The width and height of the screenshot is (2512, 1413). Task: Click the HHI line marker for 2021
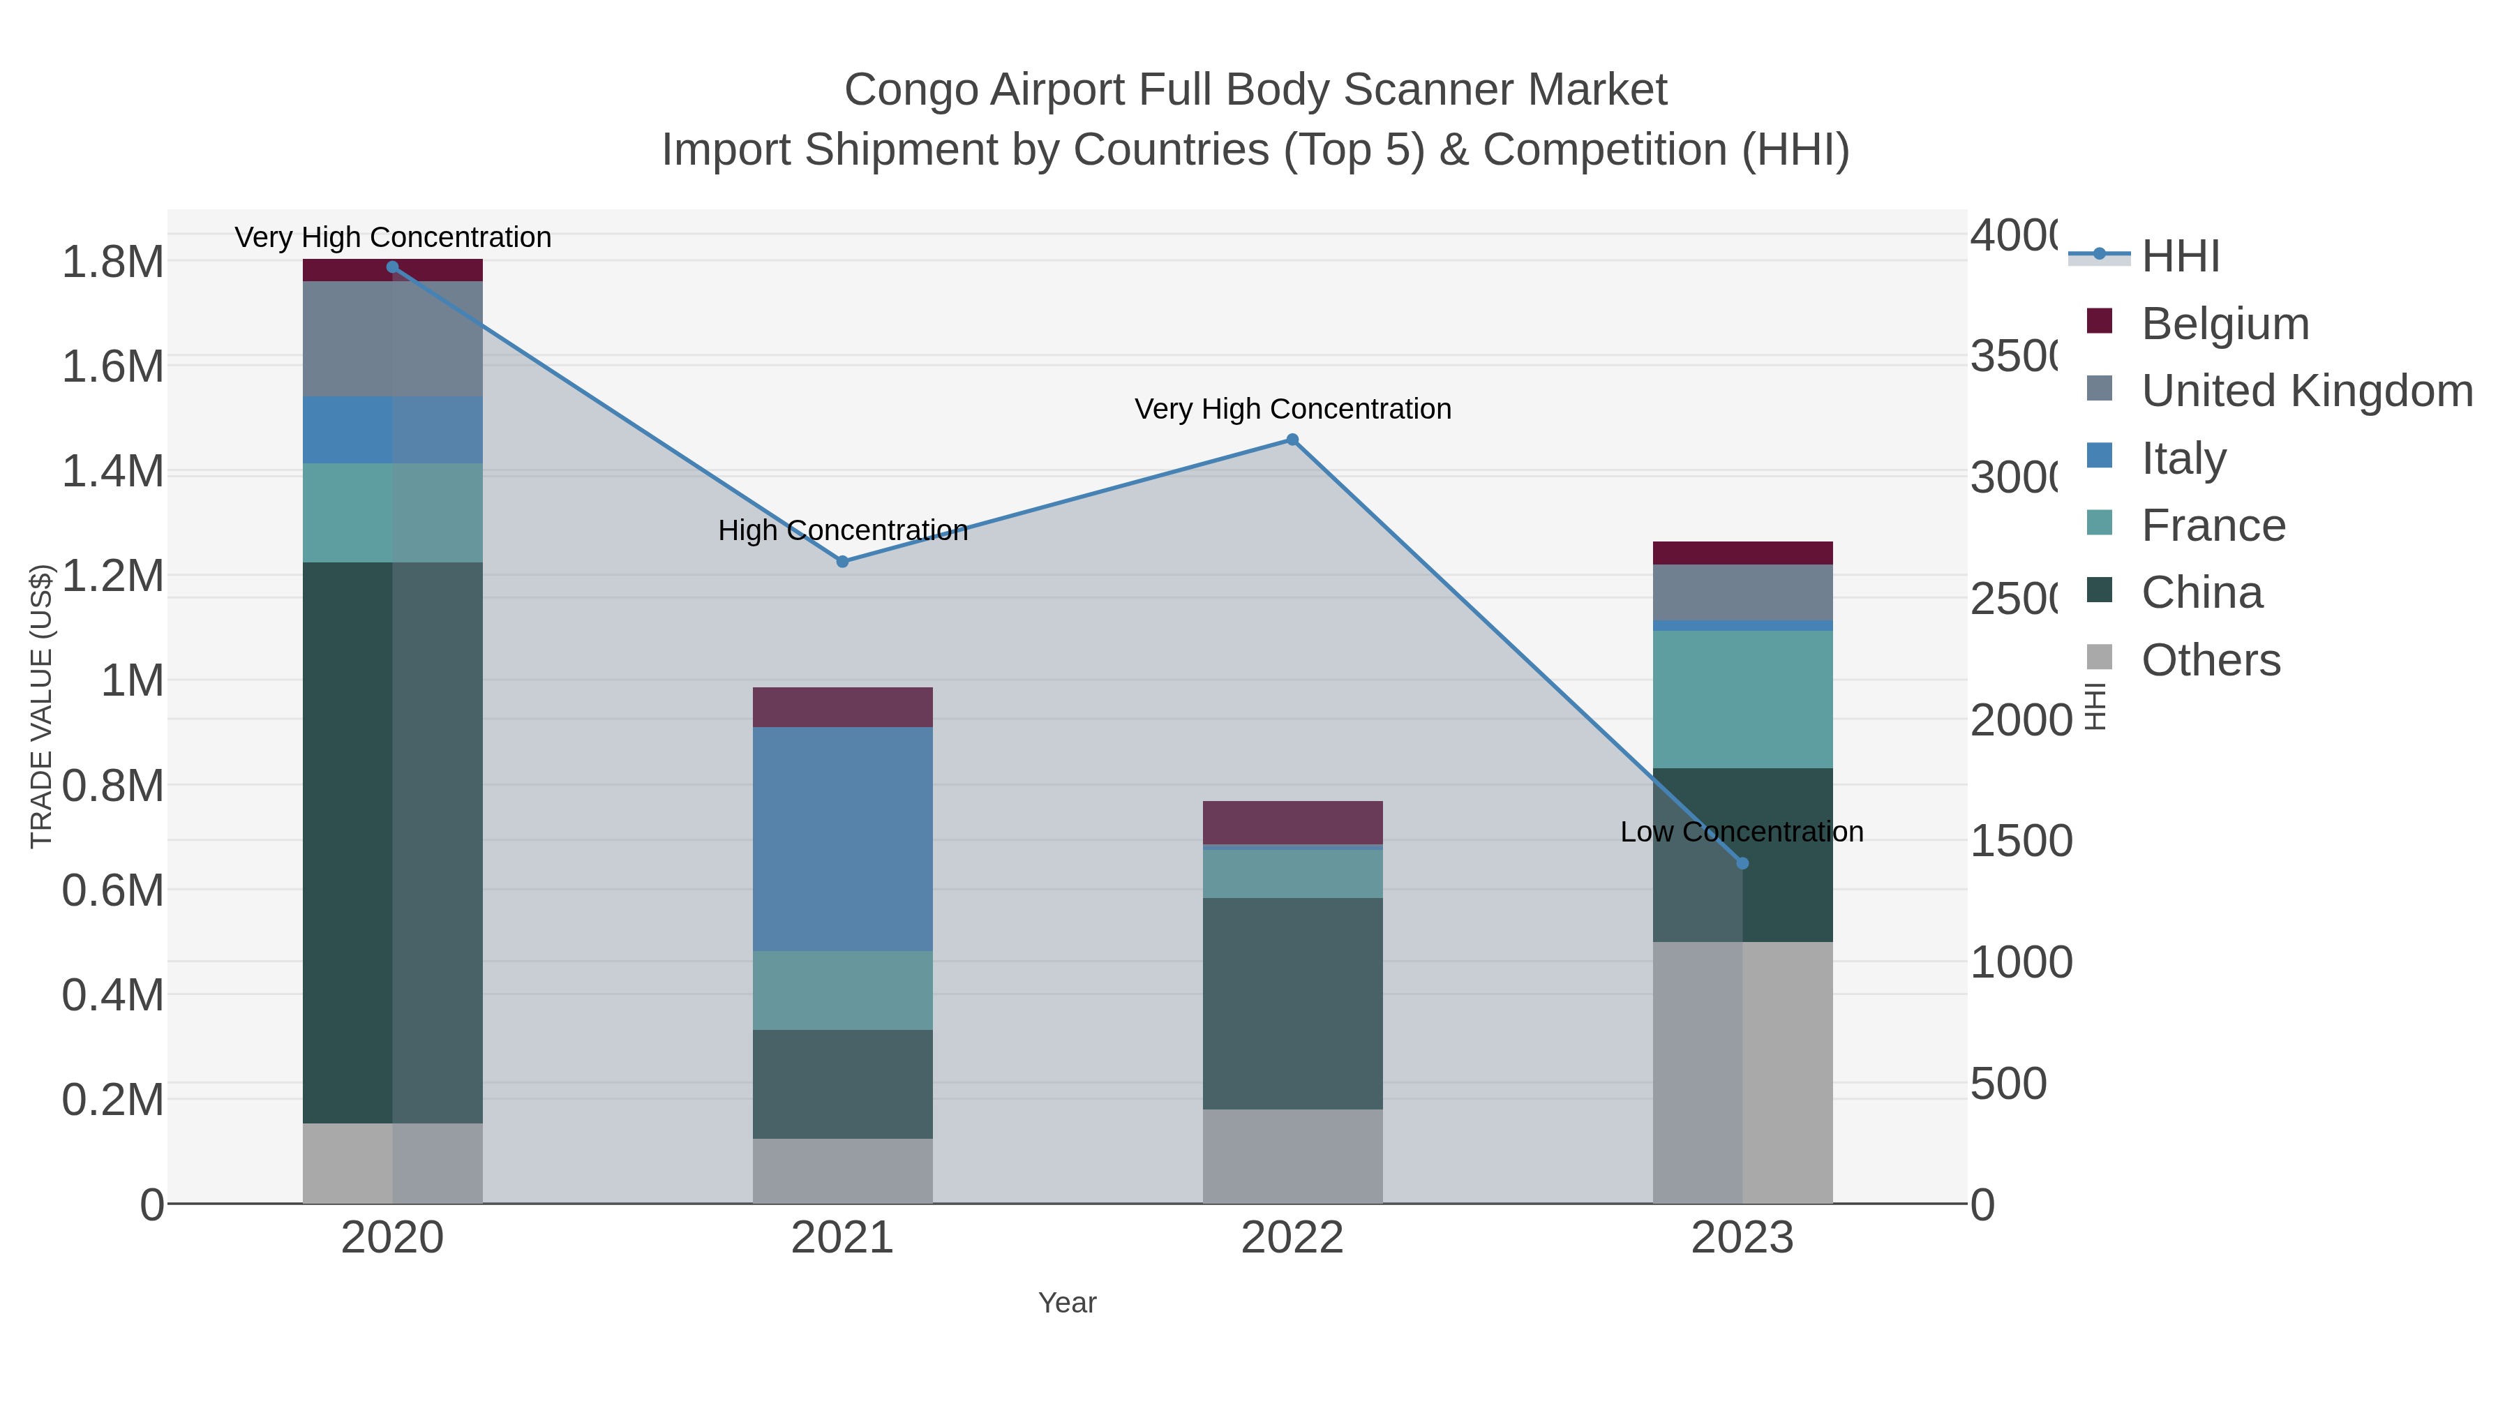click(842, 562)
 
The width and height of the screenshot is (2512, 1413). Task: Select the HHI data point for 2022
click(1292, 440)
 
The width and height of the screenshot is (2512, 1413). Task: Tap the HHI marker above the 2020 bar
click(392, 267)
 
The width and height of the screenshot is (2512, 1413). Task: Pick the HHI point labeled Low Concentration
click(1742, 863)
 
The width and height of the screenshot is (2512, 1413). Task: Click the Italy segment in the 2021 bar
click(842, 839)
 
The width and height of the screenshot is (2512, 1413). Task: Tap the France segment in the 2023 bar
click(1742, 699)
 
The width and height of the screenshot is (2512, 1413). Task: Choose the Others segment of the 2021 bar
click(842, 1170)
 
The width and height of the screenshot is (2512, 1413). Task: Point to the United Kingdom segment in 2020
click(392, 338)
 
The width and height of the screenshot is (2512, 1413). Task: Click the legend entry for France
click(2213, 525)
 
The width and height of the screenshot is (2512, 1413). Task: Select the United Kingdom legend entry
click(2306, 391)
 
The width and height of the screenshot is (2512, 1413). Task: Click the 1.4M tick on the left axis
click(112, 472)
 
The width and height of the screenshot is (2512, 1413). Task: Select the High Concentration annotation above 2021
click(842, 530)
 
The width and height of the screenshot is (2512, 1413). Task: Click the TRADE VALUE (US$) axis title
click(41, 706)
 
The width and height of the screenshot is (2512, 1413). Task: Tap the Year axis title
click(1067, 1303)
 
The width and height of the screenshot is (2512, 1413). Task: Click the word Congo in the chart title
click(910, 90)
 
